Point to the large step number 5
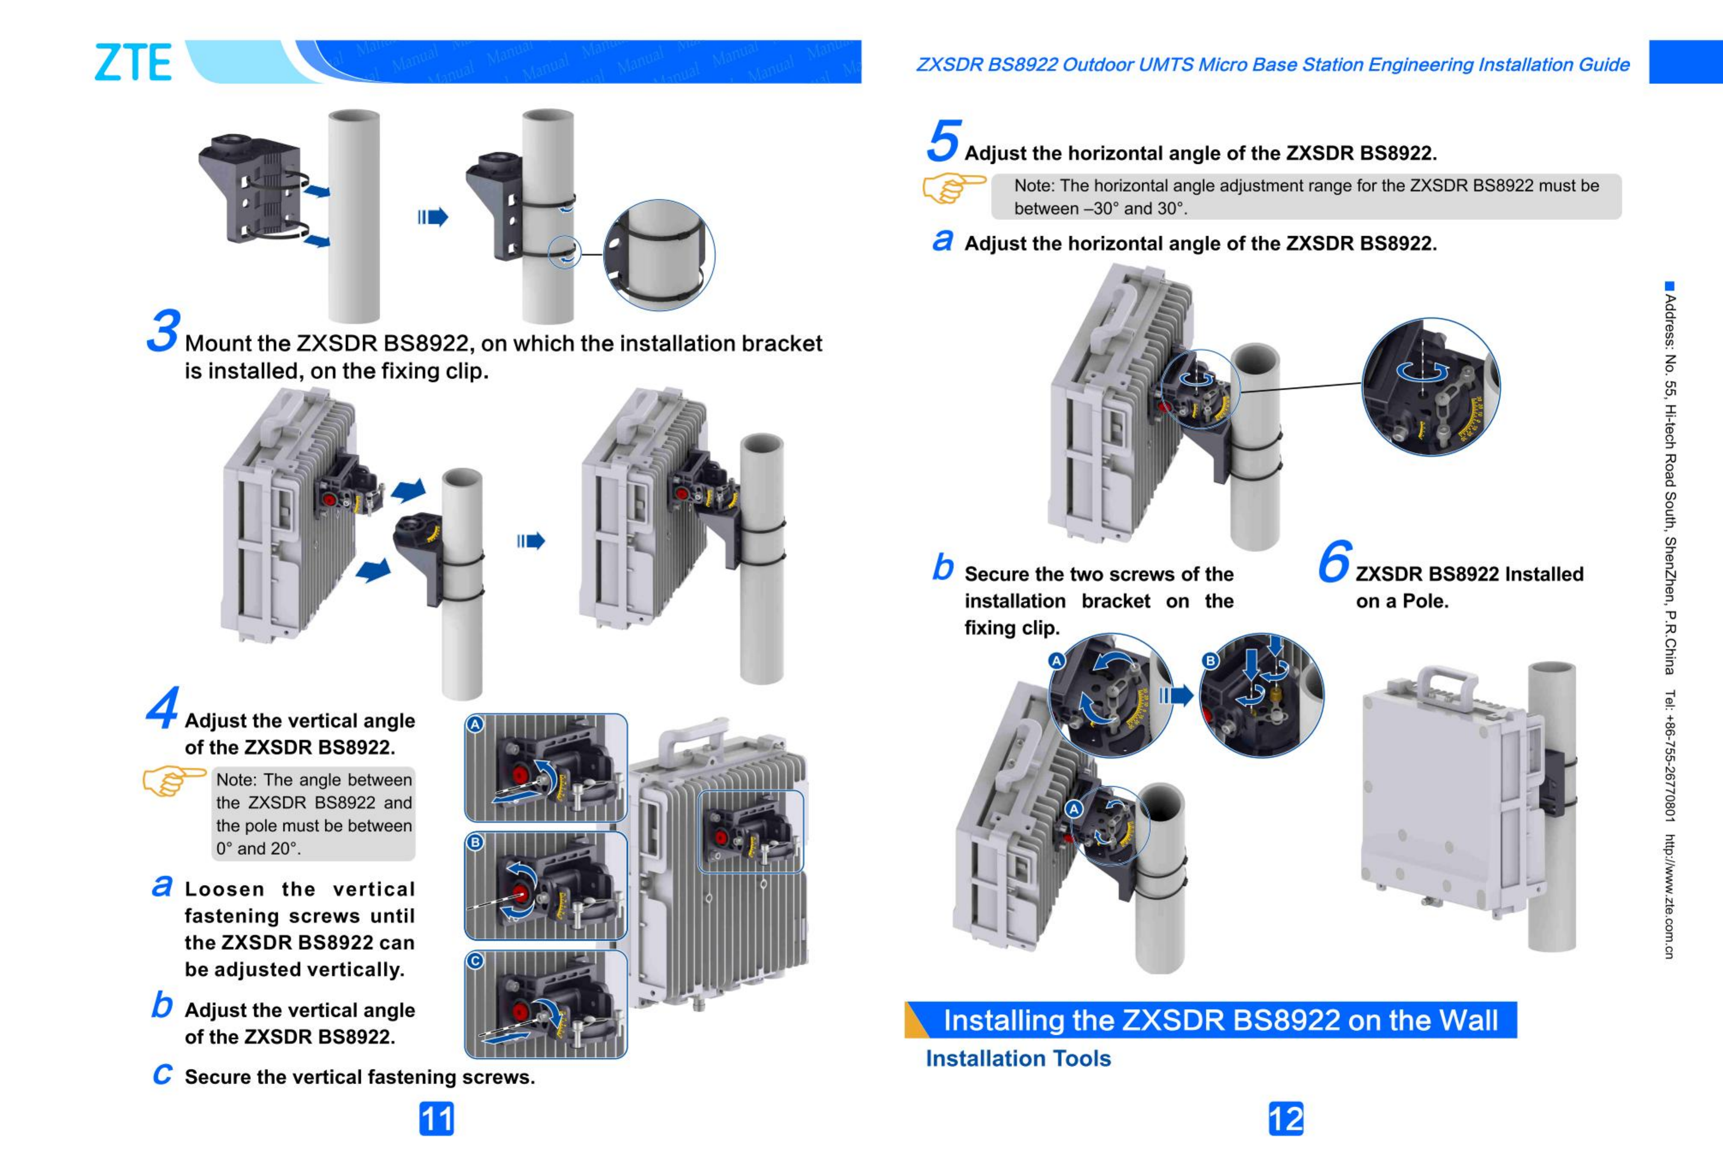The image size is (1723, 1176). (x=943, y=140)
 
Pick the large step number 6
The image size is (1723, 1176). (x=1334, y=561)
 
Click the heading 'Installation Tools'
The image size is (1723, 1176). (x=1018, y=1058)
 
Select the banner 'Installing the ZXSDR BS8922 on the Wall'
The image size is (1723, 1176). (x=1220, y=1020)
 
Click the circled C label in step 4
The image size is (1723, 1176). (x=475, y=961)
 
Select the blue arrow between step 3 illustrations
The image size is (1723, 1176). (x=531, y=541)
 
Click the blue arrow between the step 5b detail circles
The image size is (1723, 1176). (x=1176, y=695)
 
